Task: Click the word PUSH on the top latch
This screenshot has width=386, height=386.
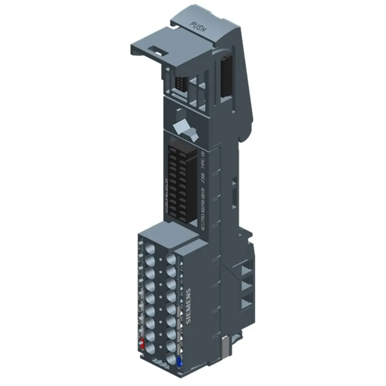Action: (199, 27)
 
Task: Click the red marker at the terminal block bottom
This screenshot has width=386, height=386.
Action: (142, 343)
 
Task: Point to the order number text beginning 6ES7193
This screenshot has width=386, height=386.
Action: (203, 211)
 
